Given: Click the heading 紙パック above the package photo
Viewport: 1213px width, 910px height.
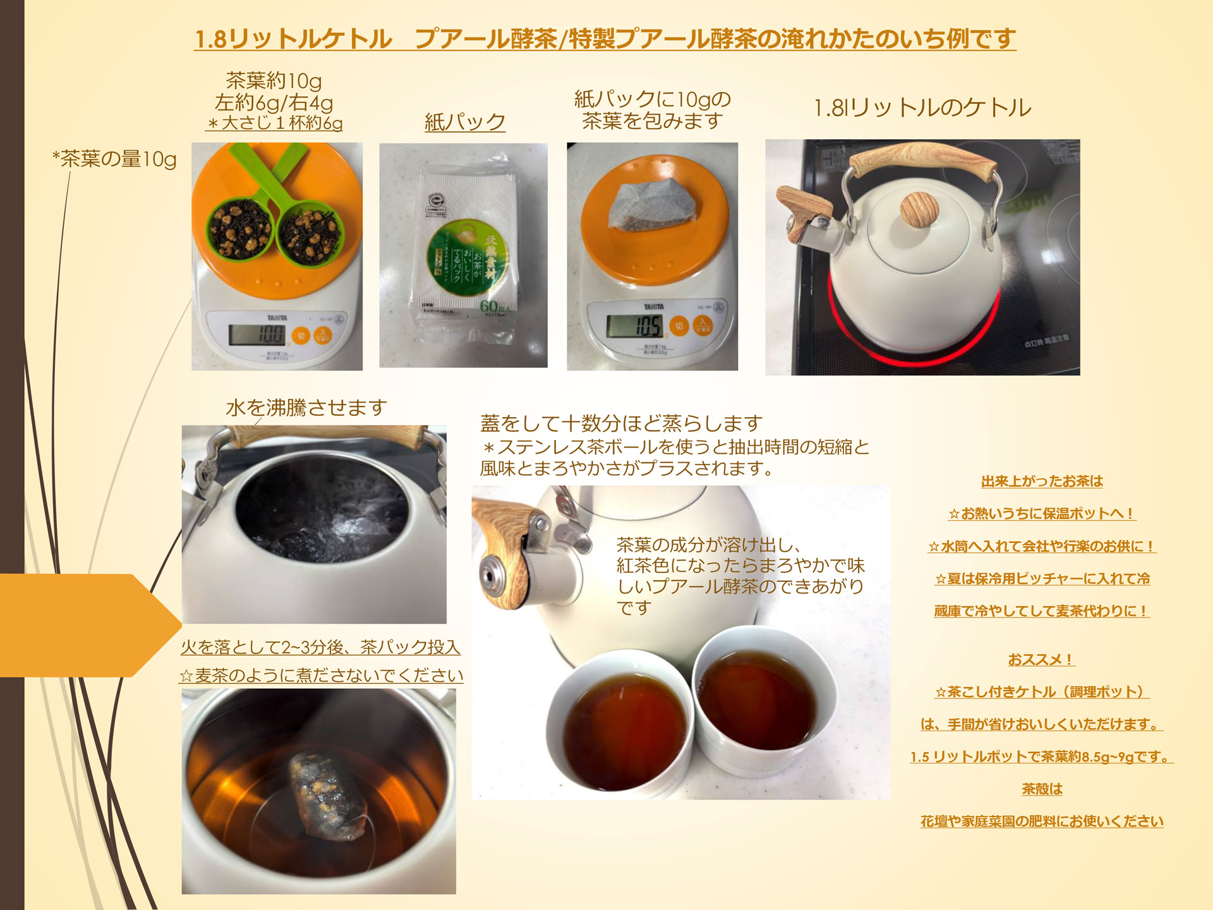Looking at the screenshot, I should coord(465,122).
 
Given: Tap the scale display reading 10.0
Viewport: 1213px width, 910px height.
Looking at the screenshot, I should coord(256,334).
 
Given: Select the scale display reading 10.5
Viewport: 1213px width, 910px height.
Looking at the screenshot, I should coord(634,326).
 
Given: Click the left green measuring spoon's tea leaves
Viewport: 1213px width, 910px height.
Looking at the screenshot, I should coord(240,229).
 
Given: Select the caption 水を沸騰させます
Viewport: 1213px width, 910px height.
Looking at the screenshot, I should coord(306,408).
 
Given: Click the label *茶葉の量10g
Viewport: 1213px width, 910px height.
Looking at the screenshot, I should coord(114,159).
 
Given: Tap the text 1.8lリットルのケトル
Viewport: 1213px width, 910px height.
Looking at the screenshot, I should coord(922,108).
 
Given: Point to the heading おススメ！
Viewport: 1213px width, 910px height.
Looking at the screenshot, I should coord(1041,660).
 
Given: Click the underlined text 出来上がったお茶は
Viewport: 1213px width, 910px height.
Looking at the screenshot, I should coord(1042,482).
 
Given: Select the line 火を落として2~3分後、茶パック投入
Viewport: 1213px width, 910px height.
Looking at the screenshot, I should coord(320,647).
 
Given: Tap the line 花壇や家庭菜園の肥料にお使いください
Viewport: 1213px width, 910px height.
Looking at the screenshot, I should coord(1042,822).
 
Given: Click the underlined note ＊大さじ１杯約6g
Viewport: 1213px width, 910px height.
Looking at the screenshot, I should coord(275,123).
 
